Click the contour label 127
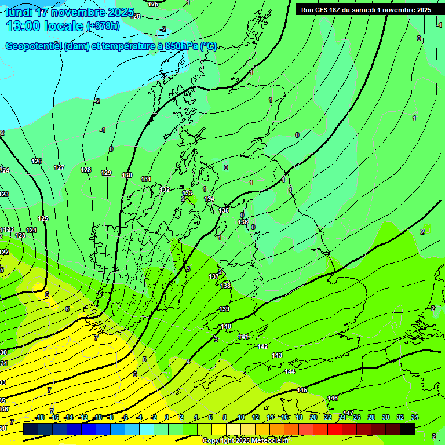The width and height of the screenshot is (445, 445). point(59,167)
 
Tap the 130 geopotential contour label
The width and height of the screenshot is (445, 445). point(127,175)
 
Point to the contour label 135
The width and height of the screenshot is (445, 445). point(224,210)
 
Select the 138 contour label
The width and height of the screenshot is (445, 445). point(225,286)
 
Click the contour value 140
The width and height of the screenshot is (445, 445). point(226,326)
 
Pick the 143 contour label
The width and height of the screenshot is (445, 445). point(277,355)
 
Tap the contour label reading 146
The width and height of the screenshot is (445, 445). point(333,398)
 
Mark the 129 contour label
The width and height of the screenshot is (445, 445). point(106,173)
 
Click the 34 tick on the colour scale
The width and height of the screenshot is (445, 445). point(415,417)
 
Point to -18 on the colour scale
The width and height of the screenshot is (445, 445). point(40,417)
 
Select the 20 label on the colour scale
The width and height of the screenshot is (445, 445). point(313,417)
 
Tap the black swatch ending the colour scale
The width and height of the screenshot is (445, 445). point(407,429)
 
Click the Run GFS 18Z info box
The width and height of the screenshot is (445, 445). point(366,10)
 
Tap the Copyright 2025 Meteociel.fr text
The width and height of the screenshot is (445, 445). point(246,441)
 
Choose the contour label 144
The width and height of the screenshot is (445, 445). point(290,371)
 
